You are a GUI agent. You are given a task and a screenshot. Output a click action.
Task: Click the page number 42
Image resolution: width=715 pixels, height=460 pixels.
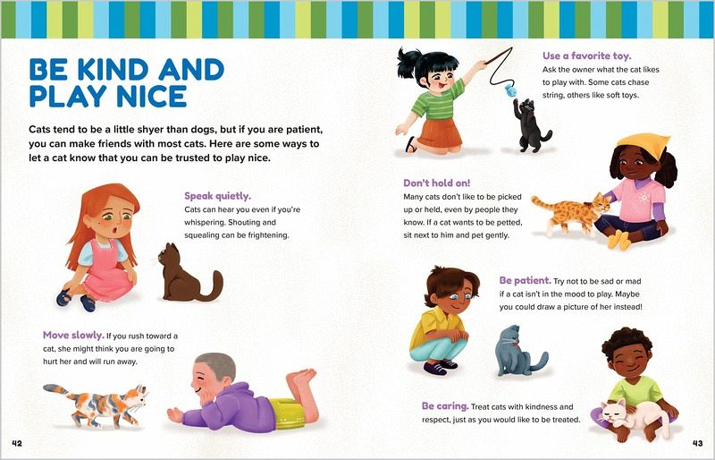[x=17, y=443]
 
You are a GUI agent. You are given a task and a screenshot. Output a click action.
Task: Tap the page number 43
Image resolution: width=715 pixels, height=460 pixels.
[x=698, y=443]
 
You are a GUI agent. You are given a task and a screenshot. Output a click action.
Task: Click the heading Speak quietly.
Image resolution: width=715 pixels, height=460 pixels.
[x=217, y=196]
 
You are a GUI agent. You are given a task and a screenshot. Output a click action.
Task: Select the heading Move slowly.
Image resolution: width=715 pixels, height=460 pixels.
[x=73, y=335]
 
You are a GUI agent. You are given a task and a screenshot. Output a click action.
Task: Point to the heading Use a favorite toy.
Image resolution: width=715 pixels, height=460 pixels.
[x=587, y=55]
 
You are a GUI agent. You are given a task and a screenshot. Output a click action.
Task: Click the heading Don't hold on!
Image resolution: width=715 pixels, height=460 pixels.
[x=436, y=183]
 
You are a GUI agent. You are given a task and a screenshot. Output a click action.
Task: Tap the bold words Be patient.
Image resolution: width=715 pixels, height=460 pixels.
[x=525, y=280]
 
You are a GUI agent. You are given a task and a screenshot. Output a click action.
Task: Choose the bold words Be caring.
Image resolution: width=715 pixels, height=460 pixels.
[x=445, y=405]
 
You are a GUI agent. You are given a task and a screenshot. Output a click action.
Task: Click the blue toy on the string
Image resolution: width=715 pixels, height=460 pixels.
[x=511, y=91]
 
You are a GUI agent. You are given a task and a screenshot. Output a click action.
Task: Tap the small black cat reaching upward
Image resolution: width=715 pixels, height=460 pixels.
[x=530, y=125]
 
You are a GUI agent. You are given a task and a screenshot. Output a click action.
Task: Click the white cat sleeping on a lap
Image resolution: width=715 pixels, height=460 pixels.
[x=635, y=417]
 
